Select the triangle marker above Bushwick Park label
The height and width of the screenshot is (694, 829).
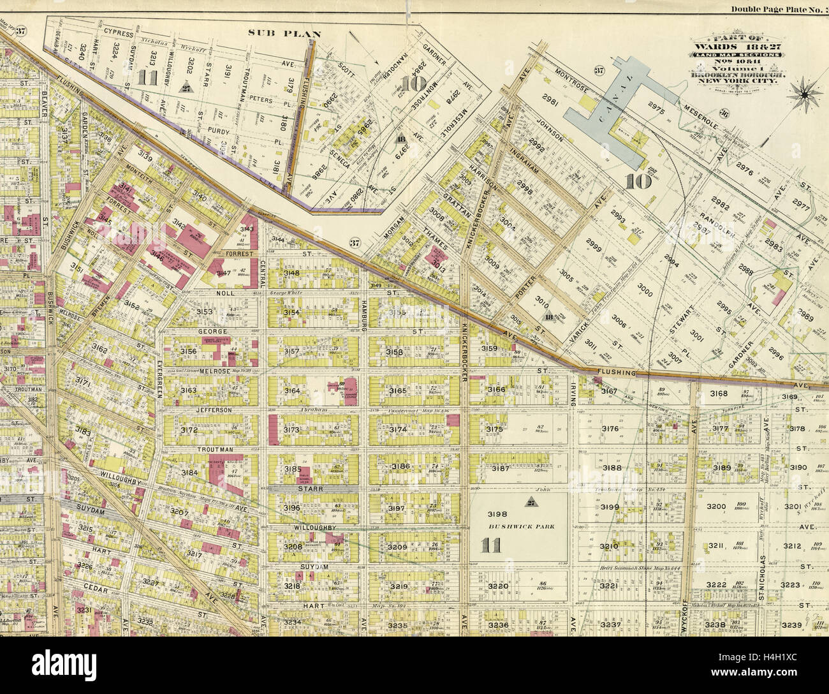530,501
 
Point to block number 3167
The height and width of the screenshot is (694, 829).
609,390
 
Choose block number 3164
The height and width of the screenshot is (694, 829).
292,390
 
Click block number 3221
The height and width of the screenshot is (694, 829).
610,586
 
